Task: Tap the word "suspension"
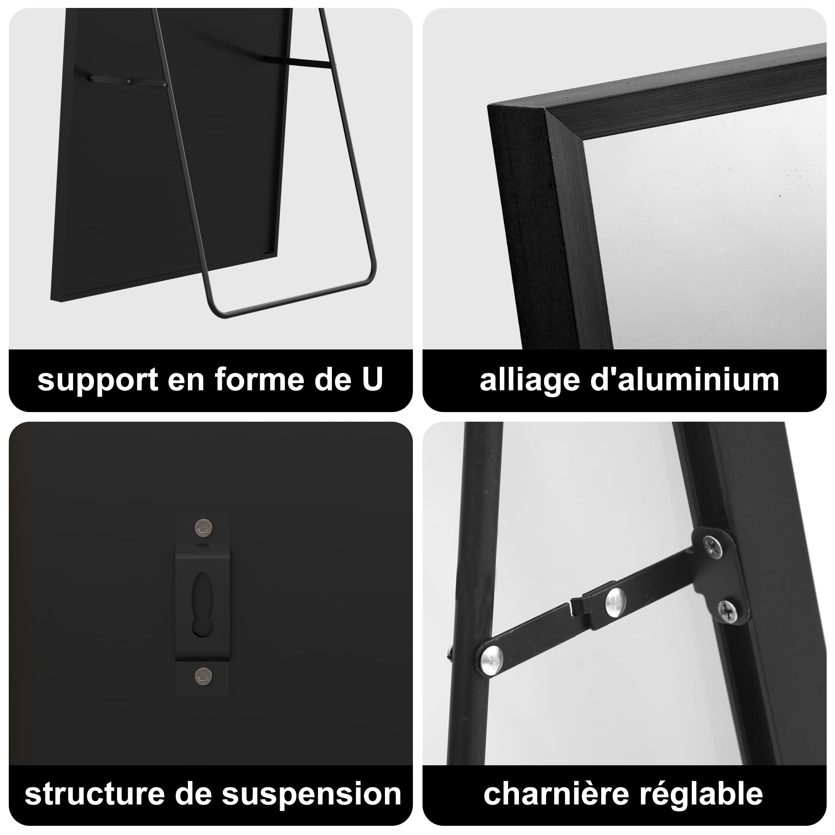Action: (x=311, y=795)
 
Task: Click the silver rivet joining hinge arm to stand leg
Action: (x=491, y=659)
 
